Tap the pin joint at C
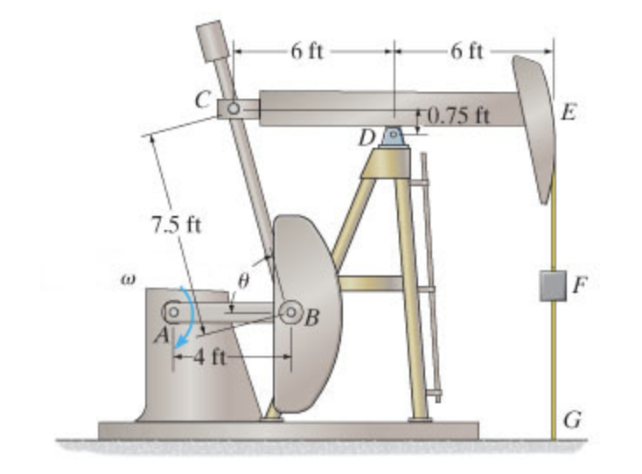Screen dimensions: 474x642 (234, 108)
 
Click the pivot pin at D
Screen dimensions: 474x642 (393, 136)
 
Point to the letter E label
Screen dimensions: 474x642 (569, 112)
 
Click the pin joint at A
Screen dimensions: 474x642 (174, 310)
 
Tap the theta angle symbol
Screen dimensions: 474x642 (244, 280)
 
